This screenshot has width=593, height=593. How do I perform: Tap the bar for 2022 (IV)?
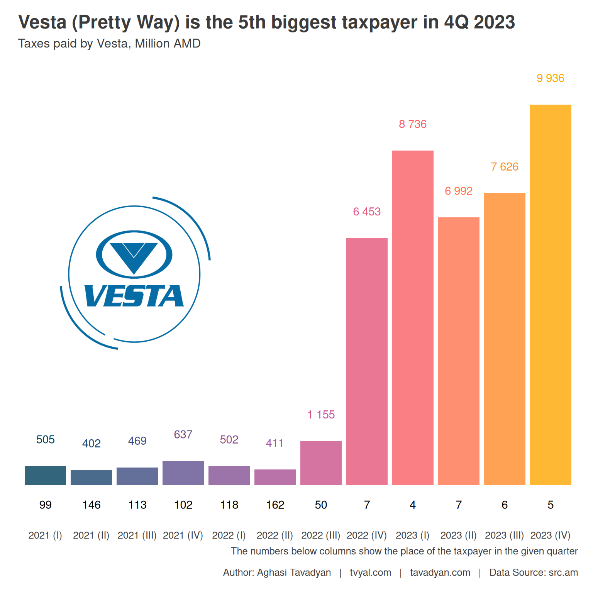367,361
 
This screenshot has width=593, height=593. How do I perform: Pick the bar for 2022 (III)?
321,463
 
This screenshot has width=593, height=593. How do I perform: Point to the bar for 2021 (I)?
45,475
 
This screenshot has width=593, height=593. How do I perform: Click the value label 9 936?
550,78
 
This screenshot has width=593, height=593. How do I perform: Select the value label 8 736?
413,124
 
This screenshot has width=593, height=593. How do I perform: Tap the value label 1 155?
321,415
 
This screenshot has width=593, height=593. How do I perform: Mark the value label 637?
183,435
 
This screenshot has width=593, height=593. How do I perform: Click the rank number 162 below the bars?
275,505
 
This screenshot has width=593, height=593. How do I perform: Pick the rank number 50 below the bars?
321,505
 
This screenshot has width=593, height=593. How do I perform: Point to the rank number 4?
413,505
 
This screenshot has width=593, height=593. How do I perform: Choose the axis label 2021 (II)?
91,535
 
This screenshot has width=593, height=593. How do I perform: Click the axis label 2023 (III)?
504,535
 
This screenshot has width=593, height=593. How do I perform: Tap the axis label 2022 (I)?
229,535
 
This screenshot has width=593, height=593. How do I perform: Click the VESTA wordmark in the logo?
134,296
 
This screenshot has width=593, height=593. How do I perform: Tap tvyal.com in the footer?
370,573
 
